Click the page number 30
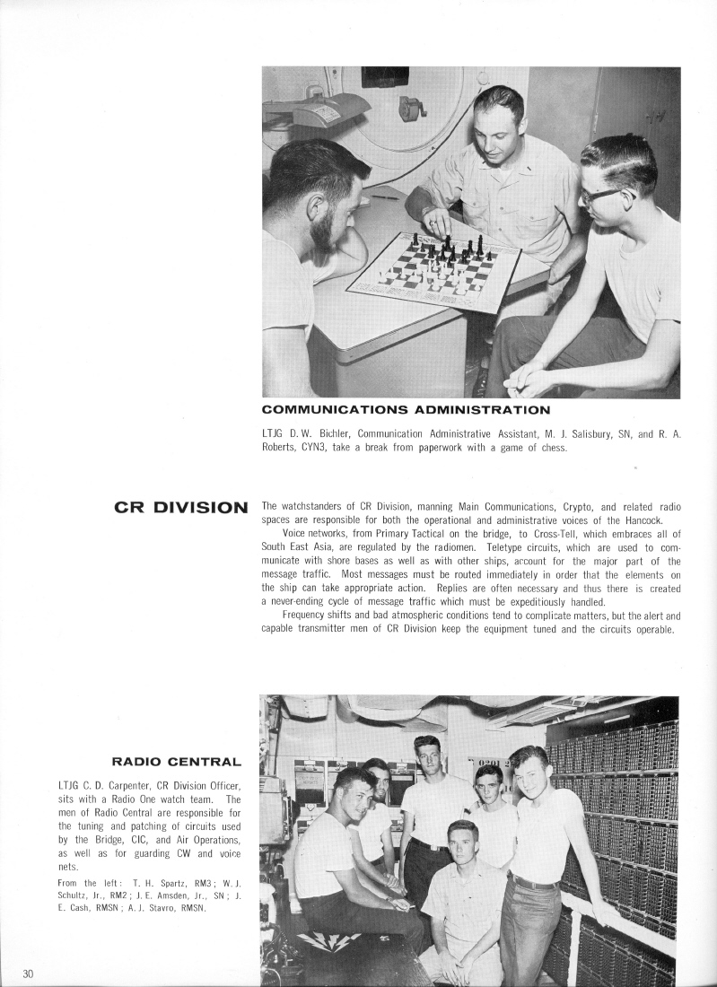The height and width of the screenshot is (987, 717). (x=29, y=974)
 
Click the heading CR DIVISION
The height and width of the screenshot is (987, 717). (x=181, y=507)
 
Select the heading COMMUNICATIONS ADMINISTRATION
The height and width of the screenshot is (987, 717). (x=406, y=410)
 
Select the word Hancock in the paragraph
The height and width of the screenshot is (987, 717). (x=660, y=519)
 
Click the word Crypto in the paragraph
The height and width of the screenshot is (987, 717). (x=555, y=506)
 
